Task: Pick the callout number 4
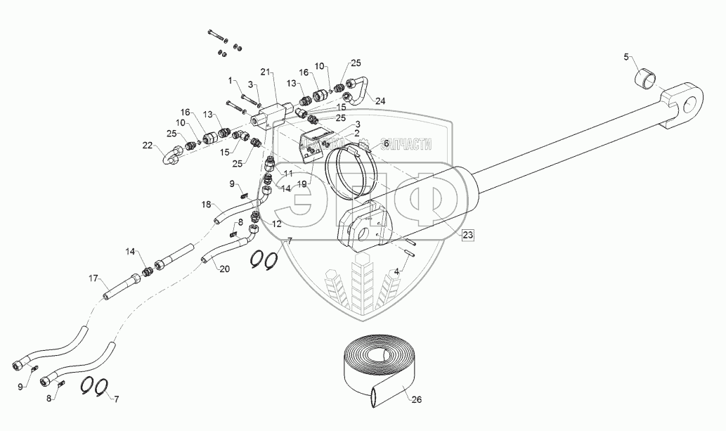tap(397, 271)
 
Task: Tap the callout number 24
tap(380, 100)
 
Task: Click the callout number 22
tap(147, 146)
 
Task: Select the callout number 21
tap(265, 72)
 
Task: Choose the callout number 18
tap(207, 205)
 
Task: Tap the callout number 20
tap(224, 269)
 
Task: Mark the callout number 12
tap(276, 224)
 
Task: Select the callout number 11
tap(287, 172)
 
